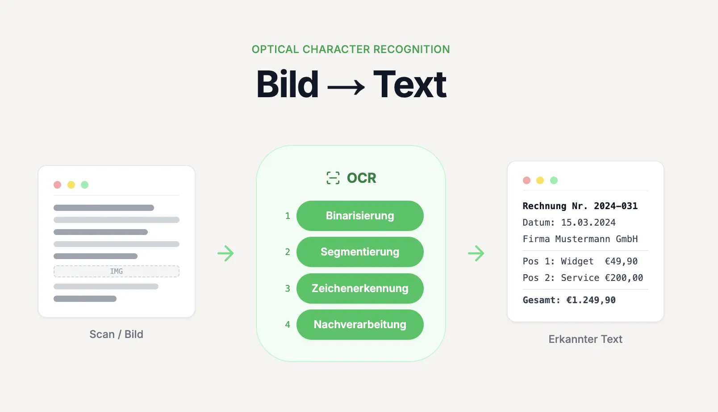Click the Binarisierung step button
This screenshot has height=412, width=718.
[x=360, y=216]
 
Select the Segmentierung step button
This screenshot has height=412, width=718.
[x=360, y=252]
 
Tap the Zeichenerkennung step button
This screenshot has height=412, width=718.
[x=360, y=288]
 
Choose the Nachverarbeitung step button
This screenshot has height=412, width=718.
[x=360, y=325]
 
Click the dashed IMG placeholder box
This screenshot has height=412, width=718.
[x=117, y=271]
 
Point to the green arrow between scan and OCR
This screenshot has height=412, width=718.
[x=225, y=253]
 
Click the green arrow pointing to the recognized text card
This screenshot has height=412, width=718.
[x=476, y=253]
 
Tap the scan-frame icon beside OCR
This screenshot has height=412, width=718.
[x=333, y=178]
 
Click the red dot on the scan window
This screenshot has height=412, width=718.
[x=58, y=185]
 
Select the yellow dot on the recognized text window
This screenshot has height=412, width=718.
[x=540, y=180]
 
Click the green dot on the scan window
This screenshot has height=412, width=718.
[x=85, y=185]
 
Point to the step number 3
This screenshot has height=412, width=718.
[x=288, y=288]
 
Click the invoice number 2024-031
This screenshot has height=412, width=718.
[x=615, y=206]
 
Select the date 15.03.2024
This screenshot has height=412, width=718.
[x=588, y=222]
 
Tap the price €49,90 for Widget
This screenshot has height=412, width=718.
[x=621, y=261]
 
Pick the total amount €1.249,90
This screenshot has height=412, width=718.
[x=591, y=300]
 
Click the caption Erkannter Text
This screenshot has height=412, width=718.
[x=585, y=339]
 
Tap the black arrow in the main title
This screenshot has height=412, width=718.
[x=346, y=86]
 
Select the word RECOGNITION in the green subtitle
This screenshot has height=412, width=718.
[x=411, y=49]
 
